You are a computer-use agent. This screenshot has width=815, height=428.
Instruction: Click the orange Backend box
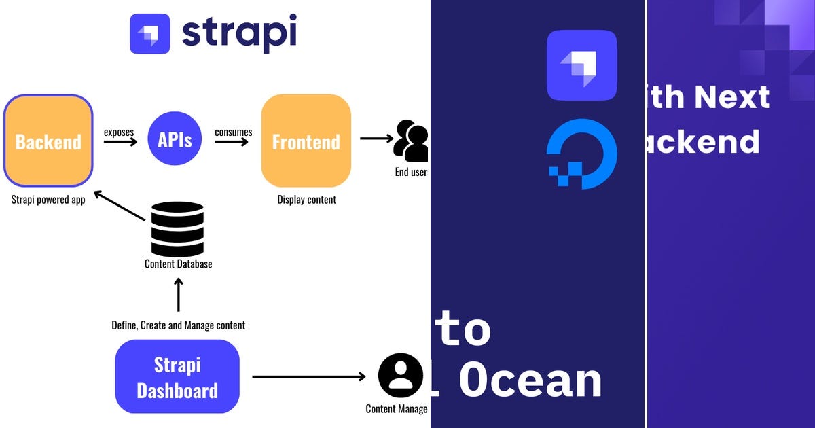tap(48, 141)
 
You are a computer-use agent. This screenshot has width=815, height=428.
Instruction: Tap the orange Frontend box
tap(306, 141)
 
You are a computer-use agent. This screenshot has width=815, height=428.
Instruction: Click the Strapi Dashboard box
tap(177, 377)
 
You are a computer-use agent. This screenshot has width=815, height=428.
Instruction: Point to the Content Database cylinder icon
tap(177, 228)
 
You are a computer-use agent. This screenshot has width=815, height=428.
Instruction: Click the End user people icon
tap(412, 141)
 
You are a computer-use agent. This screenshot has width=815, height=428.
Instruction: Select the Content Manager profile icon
tap(401, 376)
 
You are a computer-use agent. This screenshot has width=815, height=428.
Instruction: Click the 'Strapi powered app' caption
tap(48, 200)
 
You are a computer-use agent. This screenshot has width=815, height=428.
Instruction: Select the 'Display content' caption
tap(306, 200)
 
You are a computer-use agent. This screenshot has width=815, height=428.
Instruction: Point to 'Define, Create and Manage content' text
tap(178, 325)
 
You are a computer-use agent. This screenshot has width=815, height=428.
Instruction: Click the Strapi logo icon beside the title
tap(150, 34)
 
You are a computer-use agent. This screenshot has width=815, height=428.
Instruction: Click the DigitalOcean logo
tap(582, 154)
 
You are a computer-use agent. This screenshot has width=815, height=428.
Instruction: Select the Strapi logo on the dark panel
tap(582, 65)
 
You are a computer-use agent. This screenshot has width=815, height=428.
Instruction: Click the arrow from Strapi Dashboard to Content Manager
tap(309, 376)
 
